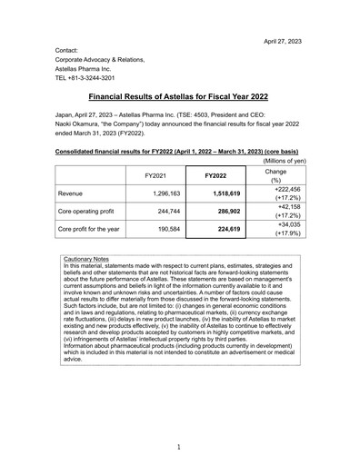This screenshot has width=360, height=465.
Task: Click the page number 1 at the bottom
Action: click(179, 447)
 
